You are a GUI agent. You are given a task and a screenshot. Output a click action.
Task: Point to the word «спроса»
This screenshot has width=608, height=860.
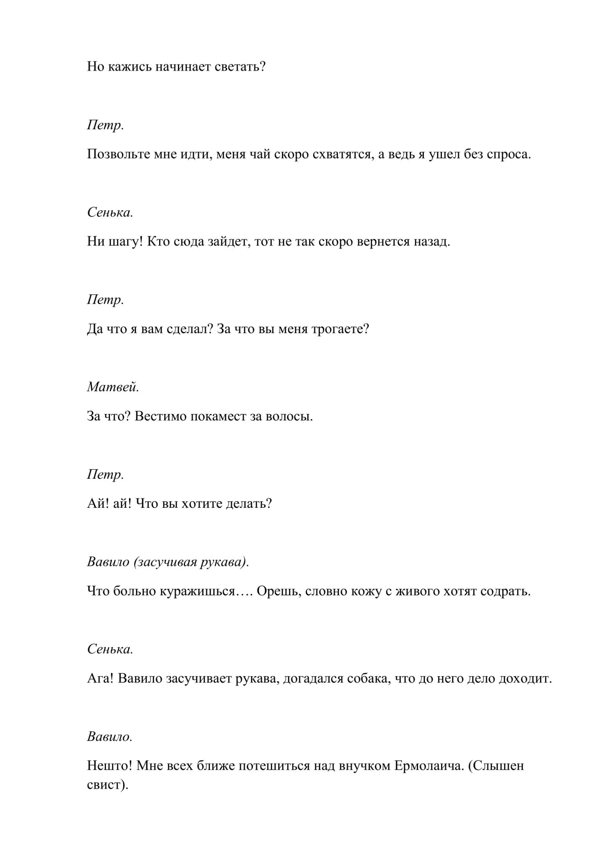(508, 154)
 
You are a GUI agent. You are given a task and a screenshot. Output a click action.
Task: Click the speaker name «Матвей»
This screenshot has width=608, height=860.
(113, 387)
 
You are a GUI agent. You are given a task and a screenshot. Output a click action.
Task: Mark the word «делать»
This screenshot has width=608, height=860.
(249, 504)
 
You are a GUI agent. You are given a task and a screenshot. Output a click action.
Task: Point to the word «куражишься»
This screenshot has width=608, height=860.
(197, 591)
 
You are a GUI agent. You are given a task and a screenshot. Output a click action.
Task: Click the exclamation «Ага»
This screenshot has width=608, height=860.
(100, 679)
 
